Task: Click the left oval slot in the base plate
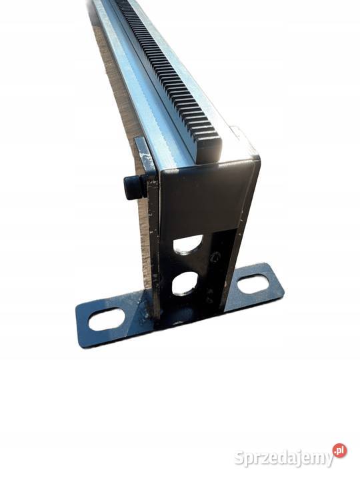[x=107, y=319]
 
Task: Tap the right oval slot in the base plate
[x=253, y=283]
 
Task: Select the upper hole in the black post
[x=187, y=244]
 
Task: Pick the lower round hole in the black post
[x=184, y=283]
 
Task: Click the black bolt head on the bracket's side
[x=133, y=187]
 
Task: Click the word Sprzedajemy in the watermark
[x=284, y=458]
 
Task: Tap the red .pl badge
[x=340, y=451]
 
